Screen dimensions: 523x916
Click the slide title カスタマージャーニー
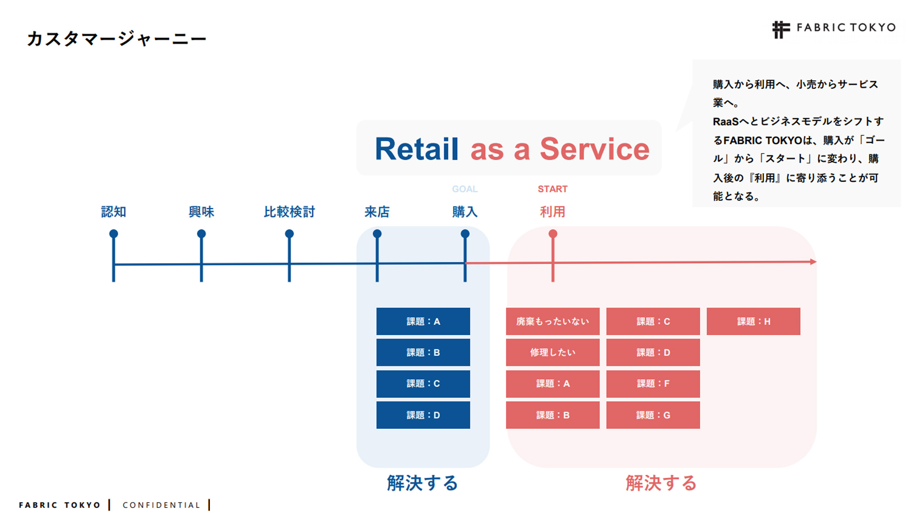pyautogui.click(x=116, y=38)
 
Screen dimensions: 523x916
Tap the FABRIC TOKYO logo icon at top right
pyautogui.click(x=781, y=30)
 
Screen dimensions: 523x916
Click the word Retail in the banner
pyautogui.click(x=416, y=149)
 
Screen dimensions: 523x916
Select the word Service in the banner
pyautogui.click(x=594, y=149)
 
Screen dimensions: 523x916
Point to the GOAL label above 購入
pyautogui.click(x=464, y=189)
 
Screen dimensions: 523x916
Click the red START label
pyautogui.click(x=552, y=189)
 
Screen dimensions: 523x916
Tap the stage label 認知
pyautogui.click(x=114, y=212)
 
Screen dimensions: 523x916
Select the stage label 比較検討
pyautogui.click(x=289, y=212)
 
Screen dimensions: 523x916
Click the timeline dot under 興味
pyautogui.click(x=202, y=234)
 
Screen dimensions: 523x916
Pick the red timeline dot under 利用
pyautogui.click(x=553, y=234)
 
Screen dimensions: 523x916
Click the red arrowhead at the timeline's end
pyautogui.click(x=813, y=261)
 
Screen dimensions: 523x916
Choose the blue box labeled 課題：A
pyautogui.click(x=423, y=321)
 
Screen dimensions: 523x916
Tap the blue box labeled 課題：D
pyautogui.click(x=423, y=415)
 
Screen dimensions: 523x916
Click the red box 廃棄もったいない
pyautogui.click(x=552, y=321)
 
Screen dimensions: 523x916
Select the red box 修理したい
pyautogui.click(x=552, y=352)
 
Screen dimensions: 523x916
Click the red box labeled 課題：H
pyautogui.click(x=753, y=321)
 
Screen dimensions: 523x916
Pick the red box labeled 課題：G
pyautogui.click(x=653, y=415)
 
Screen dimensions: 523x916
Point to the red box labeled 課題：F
pyautogui.click(x=653, y=383)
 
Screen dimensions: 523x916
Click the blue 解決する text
pyautogui.click(x=422, y=483)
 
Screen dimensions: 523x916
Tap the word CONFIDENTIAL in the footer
pyautogui.click(x=161, y=505)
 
